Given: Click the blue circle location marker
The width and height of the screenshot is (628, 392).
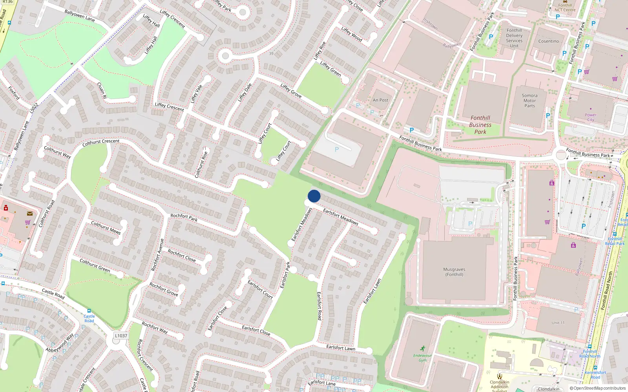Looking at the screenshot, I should [314, 196].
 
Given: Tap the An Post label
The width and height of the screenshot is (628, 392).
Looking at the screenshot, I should [380, 100].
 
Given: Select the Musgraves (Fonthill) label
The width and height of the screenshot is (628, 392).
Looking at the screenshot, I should [454, 272].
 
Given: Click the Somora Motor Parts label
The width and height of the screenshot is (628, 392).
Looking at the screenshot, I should [529, 101].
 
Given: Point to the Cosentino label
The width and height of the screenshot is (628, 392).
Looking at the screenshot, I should [548, 41].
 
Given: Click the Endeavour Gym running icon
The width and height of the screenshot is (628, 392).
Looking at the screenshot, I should [422, 348].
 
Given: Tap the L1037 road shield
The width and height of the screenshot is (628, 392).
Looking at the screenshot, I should [121, 336].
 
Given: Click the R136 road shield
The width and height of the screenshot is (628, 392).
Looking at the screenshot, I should [7, 2].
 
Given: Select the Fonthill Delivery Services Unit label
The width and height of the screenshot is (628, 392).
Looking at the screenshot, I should [514, 38].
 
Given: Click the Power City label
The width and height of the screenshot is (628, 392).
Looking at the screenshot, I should [590, 117].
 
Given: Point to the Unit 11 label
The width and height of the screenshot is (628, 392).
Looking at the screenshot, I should [558, 323].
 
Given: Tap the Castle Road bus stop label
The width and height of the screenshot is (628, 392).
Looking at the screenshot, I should [89, 318].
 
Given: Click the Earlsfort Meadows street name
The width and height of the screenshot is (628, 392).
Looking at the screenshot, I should [340, 217].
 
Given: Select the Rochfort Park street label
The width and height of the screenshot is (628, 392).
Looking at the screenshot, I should [184, 218].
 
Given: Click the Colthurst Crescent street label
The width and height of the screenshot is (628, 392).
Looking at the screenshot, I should [101, 143].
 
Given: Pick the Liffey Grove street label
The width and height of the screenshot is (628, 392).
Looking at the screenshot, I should [291, 91].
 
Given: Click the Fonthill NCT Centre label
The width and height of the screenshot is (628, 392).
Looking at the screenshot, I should [565, 7].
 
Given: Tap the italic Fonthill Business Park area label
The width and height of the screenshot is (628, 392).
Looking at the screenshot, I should [480, 125].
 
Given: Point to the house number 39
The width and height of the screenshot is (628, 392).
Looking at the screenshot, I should [271, 54].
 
